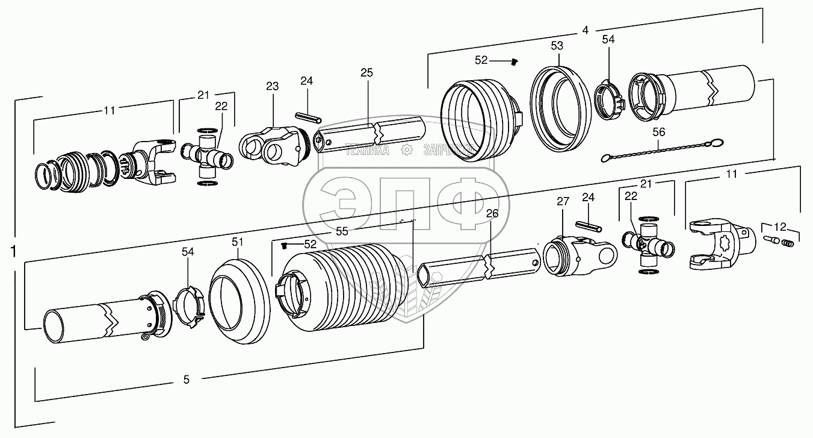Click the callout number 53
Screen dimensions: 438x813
click(557, 45)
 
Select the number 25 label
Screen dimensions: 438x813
click(366, 73)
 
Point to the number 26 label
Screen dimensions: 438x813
click(492, 214)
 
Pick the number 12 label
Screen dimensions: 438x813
click(780, 227)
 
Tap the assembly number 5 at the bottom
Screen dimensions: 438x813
click(186, 380)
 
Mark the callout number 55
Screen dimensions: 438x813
click(342, 231)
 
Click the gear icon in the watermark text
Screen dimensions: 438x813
click(407, 149)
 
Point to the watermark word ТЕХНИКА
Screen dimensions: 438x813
click(367, 150)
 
